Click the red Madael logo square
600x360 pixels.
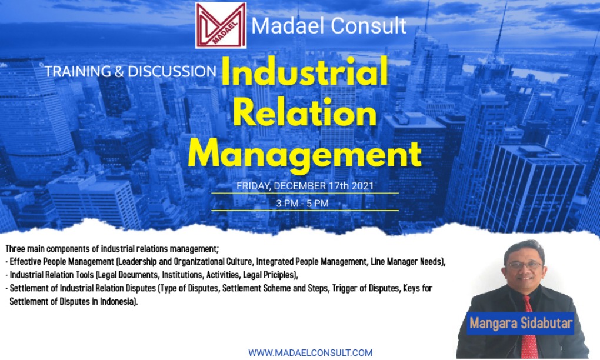pyautogui.click(x=221, y=25)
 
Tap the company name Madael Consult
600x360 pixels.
pyautogui.click(x=329, y=26)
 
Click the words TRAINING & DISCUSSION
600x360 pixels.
pyautogui.click(x=130, y=72)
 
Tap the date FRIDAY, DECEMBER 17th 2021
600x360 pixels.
pyautogui.click(x=305, y=186)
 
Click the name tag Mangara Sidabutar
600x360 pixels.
pyautogui.click(x=521, y=324)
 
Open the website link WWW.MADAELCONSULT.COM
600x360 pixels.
pyautogui.click(x=310, y=352)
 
